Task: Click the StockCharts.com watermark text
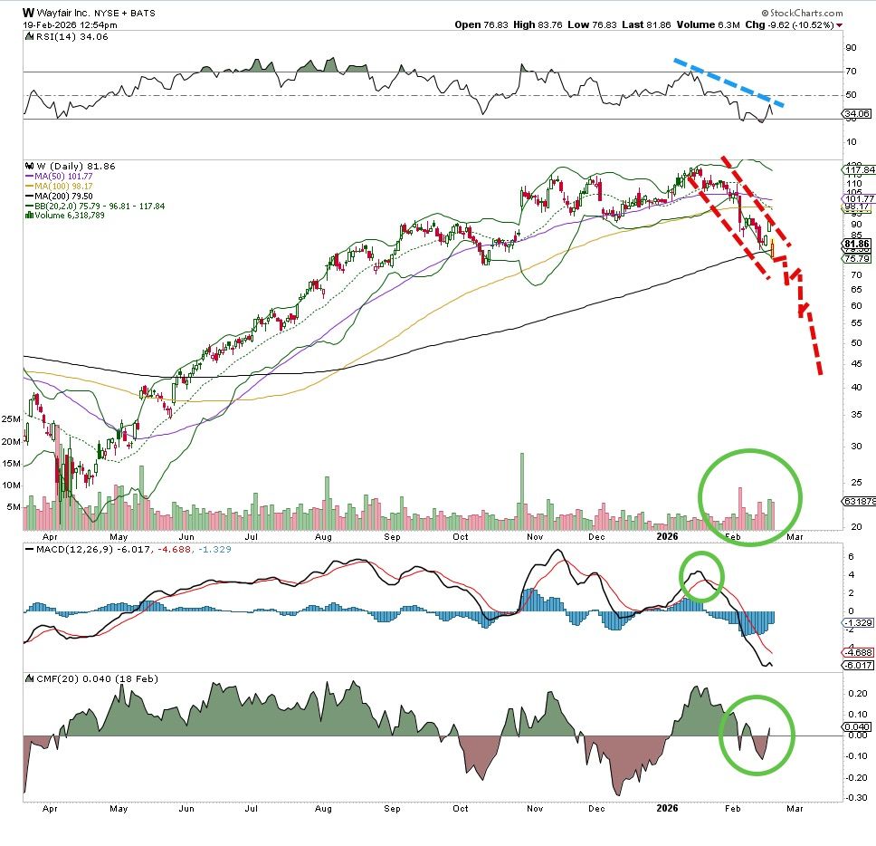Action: click(802, 14)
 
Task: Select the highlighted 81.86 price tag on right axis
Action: click(855, 244)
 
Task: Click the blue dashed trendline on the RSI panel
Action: click(728, 84)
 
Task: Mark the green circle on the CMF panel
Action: click(757, 735)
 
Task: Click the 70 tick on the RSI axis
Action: click(850, 71)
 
